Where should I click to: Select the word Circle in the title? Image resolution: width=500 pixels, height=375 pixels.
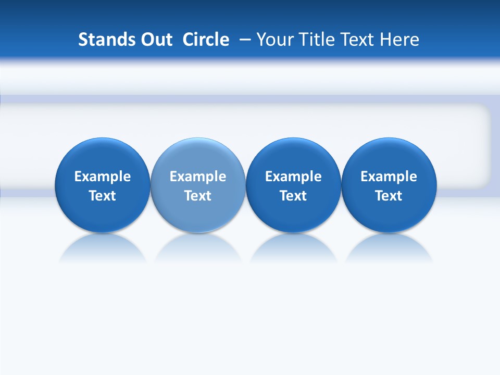pos(206,40)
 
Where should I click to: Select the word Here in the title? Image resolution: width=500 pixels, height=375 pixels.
pos(400,40)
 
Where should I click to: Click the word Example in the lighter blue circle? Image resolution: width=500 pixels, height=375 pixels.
pos(198,177)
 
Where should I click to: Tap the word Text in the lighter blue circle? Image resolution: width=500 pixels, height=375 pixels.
pos(198,196)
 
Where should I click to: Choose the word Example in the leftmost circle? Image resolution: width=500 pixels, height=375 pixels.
pos(103,177)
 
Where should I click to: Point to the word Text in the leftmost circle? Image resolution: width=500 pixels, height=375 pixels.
pos(103,196)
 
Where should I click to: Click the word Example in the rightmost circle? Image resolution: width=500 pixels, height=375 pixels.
pos(389,177)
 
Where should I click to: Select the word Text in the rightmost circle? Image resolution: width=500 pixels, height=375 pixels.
pos(389,196)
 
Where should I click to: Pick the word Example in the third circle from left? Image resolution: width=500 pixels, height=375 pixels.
pos(293,177)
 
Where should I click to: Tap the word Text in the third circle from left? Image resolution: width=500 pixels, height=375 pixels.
pos(293,196)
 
